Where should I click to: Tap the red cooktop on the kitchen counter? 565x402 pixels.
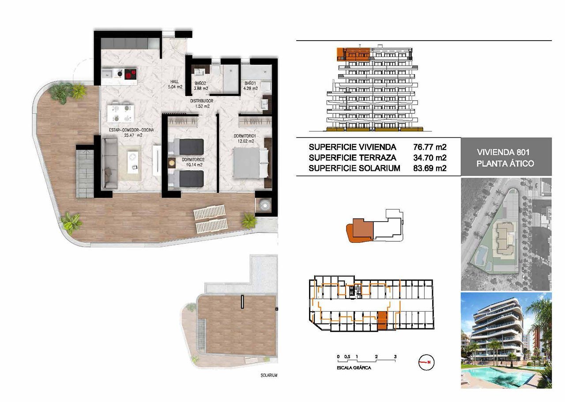tap(129, 74)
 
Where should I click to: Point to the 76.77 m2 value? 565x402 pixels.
tap(429, 147)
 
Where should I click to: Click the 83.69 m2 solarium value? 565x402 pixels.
tap(429, 168)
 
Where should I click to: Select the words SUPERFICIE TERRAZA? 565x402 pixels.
tap(352, 158)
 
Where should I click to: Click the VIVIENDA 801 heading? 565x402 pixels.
tap(505, 152)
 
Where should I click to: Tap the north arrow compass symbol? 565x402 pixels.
tap(426, 362)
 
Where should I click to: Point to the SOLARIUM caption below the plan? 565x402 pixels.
tap(268, 375)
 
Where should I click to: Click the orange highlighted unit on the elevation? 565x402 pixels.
tap(353, 54)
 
